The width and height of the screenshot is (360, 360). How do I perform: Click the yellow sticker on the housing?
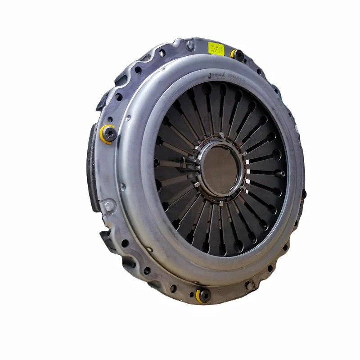tap(216, 48)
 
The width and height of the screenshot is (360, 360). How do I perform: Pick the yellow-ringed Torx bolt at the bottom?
tap(204, 295)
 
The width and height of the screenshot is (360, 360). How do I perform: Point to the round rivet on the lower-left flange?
tap(108, 206)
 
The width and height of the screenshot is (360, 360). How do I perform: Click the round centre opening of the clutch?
tap(220, 167)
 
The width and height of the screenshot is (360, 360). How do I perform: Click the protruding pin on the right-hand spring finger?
tap(282, 174)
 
